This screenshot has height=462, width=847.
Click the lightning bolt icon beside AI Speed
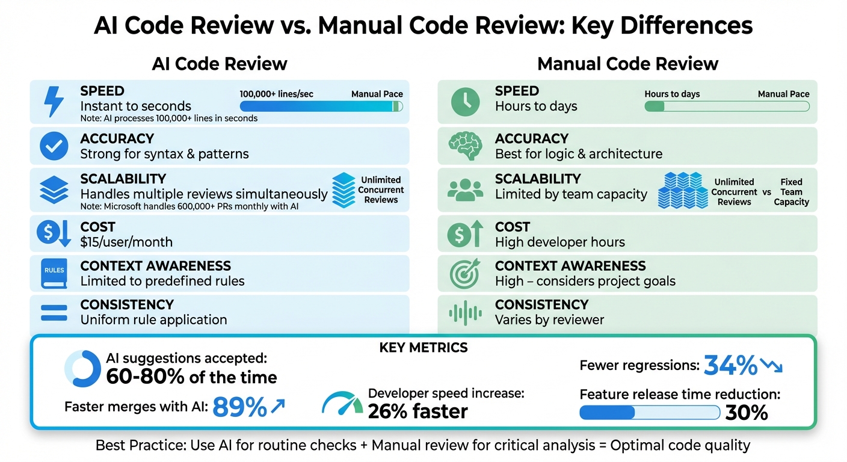click(x=54, y=102)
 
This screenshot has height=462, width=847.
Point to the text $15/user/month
click(x=126, y=242)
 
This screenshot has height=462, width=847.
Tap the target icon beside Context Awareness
click(x=465, y=273)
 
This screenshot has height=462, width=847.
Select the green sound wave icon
click(x=465, y=313)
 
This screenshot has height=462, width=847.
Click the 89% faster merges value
click(x=240, y=407)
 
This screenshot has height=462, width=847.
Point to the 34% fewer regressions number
click(x=730, y=365)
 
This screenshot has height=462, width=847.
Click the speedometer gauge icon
click(x=342, y=403)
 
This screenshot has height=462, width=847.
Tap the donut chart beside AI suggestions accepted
click(x=82, y=369)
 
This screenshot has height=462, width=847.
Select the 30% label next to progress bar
click(x=747, y=413)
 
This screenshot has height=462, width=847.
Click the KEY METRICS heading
click(x=423, y=348)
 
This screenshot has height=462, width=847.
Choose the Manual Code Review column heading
click(x=627, y=64)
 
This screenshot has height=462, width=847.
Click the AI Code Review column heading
click(x=220, y=64)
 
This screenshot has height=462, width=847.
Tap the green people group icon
click(x=465, y=189)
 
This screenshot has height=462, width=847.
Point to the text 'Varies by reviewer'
click(x=550, y=320)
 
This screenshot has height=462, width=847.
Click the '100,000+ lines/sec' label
click(x=276, y=94)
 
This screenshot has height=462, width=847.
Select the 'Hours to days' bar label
click(x=672, y=94)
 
